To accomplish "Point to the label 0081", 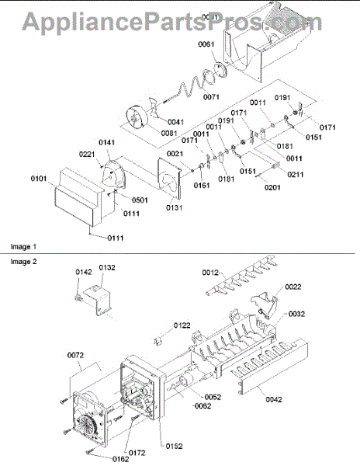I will [148, 133].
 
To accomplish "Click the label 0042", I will [273, 399].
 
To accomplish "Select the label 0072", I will [75, 355].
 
